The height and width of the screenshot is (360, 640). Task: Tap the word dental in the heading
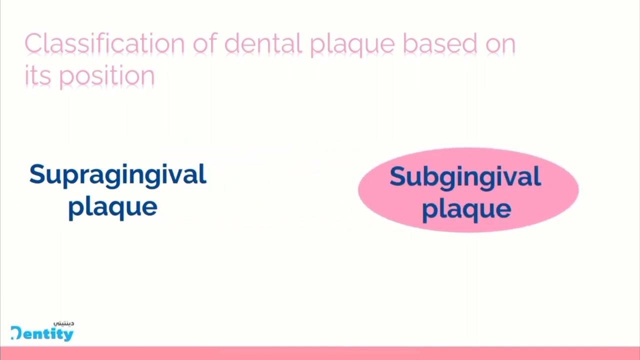click(x=262, y=44)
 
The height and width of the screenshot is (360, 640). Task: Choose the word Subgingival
click(x=465, y=177)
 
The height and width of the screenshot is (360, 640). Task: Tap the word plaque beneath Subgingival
click(x=466, y=209)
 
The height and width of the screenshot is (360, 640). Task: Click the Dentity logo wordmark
click(x=42, y=334)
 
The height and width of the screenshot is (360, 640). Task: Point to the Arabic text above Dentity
click(x=63, y=323)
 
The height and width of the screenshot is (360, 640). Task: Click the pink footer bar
click(x=320, y=353)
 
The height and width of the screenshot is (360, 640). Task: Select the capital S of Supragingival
click(x=37, y=174)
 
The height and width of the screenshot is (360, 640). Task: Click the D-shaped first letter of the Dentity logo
click(x=16, y=333)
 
